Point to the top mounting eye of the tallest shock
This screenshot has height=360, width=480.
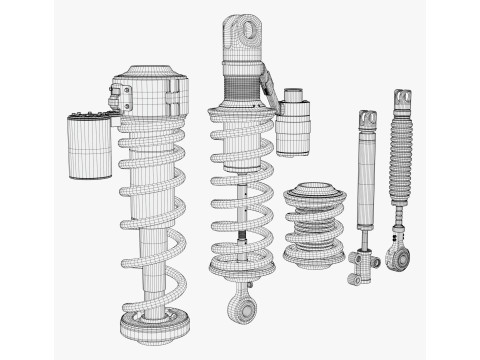pos(242,34)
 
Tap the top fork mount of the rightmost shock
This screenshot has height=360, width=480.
pos(402,100)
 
